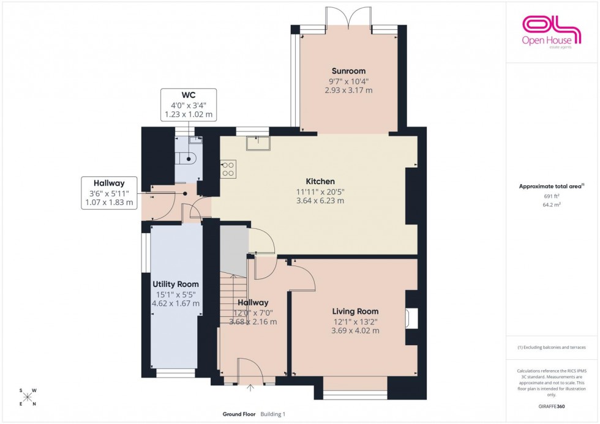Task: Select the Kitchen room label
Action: [320, 182]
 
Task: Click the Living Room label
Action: [355, 311]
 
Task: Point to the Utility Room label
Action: [176, 285]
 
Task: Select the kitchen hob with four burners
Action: [229, 168]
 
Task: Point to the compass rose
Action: [28, 397]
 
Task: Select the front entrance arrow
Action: [250, 387]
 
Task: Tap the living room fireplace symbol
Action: [412, 318]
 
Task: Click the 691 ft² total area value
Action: [552, 196]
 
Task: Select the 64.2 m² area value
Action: [552, 205]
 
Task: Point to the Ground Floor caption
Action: [239, 414]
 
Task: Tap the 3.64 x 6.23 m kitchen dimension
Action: [320, 201]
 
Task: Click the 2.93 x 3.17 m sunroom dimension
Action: [349, 90]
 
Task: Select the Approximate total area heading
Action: [551, 186]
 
